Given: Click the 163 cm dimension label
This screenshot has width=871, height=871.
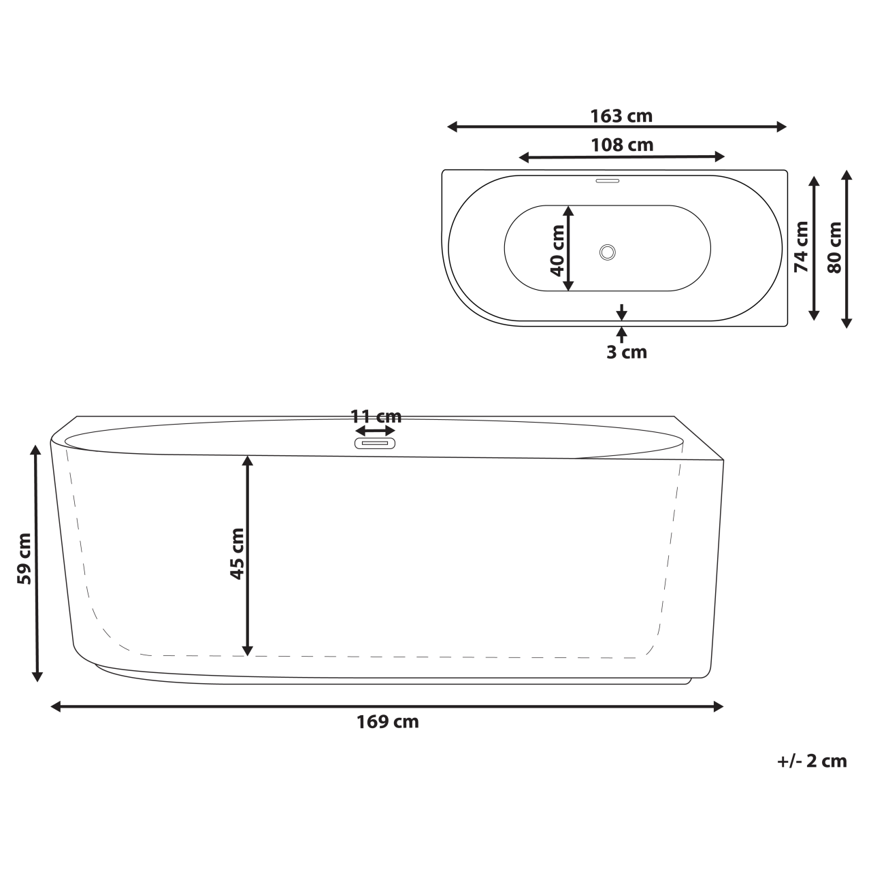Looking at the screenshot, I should [x=621, y=116].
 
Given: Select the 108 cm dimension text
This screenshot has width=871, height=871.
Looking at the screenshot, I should [x=622, y=145].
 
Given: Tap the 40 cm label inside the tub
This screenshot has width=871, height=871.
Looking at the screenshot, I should [x=557, y=250].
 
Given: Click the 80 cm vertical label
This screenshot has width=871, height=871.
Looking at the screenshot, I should [x=834, y=247].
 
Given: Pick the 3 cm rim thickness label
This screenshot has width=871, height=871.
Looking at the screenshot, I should [x=626, y=352].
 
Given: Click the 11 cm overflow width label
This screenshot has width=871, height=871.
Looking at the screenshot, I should [x=376, y=416].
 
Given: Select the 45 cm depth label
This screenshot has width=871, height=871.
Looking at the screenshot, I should [x=236, y=553].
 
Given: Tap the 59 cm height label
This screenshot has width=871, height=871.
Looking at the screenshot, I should [x=24, y=559].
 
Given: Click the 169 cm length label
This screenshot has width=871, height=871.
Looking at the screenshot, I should [x=387, y=722].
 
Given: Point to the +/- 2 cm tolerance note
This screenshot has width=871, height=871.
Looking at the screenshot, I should [x=812, y=761].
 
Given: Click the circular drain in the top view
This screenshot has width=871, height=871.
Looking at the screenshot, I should [x=608, y=252].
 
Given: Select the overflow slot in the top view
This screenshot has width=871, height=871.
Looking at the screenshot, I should [x=607, y=181].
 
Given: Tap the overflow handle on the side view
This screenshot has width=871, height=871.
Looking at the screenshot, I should [x=375, y=443].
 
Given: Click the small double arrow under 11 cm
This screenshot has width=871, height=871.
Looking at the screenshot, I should [x=375, y=431].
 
